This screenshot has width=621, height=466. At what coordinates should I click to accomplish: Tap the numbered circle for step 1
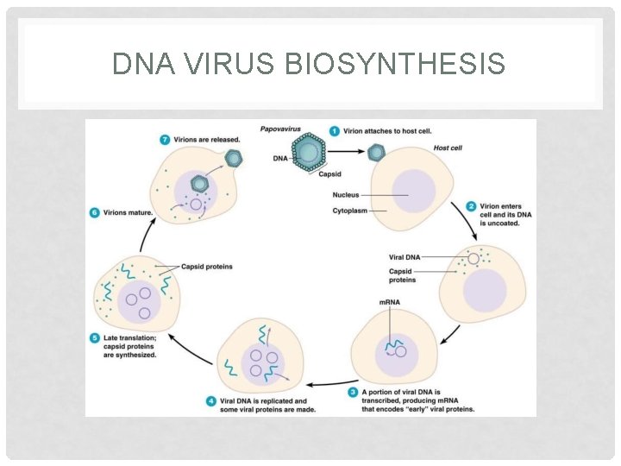click(334, 131)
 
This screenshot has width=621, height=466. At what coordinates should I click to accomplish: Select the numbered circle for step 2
click(471, 206)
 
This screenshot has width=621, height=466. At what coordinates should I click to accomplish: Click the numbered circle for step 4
click(211, 401)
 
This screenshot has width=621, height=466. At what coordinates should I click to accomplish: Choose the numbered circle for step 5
click(95, 337)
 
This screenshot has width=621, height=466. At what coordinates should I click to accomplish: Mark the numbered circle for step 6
click(95, 212)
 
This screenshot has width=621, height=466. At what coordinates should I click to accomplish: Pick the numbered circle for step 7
click(165, 139)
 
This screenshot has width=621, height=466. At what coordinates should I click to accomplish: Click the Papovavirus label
click(281, 129)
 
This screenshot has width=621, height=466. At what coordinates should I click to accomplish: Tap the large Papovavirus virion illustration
click(307, 153)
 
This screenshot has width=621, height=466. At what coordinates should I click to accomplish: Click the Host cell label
click(448, 148)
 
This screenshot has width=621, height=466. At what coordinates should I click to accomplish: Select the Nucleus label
click(346, 195)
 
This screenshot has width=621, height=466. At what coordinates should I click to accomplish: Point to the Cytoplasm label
click(350, 211)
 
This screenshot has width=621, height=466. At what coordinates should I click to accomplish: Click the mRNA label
click(389, 302)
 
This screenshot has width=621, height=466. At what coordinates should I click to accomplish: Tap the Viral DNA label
click(405, 257)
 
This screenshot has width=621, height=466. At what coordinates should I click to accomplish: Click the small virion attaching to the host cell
click(376, 153)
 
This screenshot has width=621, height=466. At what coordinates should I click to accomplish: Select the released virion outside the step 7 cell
click(232, 159)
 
